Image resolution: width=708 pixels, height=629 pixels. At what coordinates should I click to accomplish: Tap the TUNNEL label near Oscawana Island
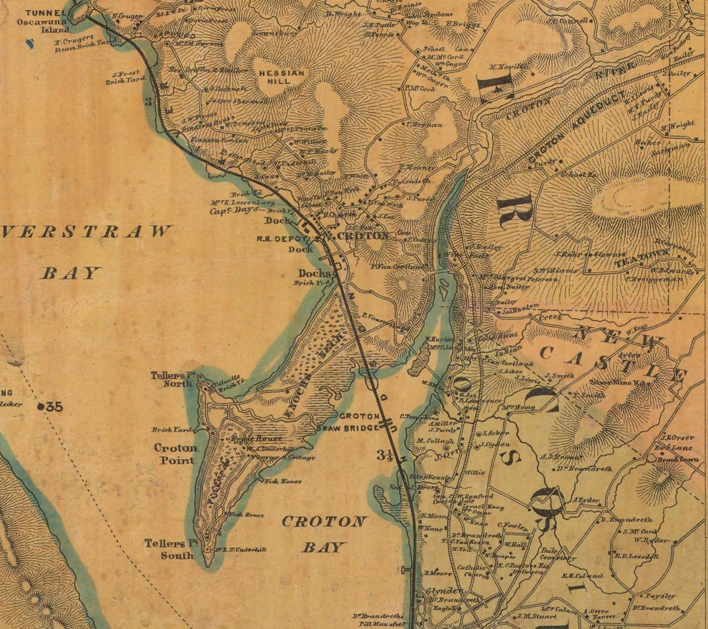pyautogui.click(x=44, y=12)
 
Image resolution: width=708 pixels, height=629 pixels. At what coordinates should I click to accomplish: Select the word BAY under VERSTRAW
pyautogui.click(x=71, y=273)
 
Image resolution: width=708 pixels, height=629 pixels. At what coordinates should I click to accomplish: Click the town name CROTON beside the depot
pyautogui.click(x=363, y=235)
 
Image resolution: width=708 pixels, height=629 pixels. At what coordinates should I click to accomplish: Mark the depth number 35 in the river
pyautogui.click(x=54, y=407)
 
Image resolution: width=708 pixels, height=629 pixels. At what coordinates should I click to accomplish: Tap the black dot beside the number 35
pyautogui.click(x=41, y=407)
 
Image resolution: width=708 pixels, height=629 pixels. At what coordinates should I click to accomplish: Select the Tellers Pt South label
pyautogui.click(x=169, y=548)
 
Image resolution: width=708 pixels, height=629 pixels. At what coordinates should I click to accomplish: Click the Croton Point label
pyautogui.click(x=175, y=454)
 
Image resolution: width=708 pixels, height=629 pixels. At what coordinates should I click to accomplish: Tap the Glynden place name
pyautogui.click(x=440, y=593)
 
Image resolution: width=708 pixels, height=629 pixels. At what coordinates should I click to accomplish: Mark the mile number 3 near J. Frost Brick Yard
pyautogui.click(x=148, y=101)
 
